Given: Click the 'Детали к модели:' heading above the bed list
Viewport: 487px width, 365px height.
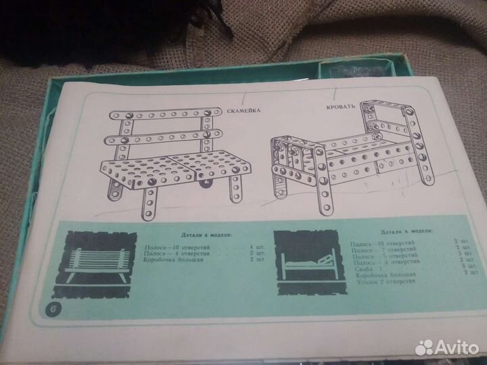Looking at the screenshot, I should point(405,232).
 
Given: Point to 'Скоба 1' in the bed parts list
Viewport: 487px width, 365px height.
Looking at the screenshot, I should point(365,268).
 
